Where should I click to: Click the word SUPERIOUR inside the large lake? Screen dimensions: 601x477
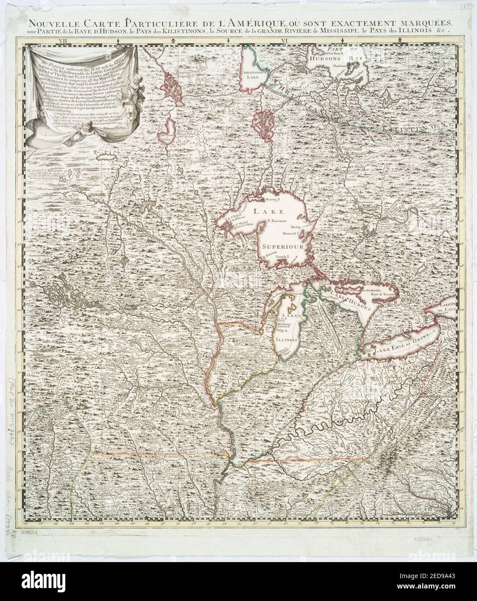[x=281, y=246]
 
